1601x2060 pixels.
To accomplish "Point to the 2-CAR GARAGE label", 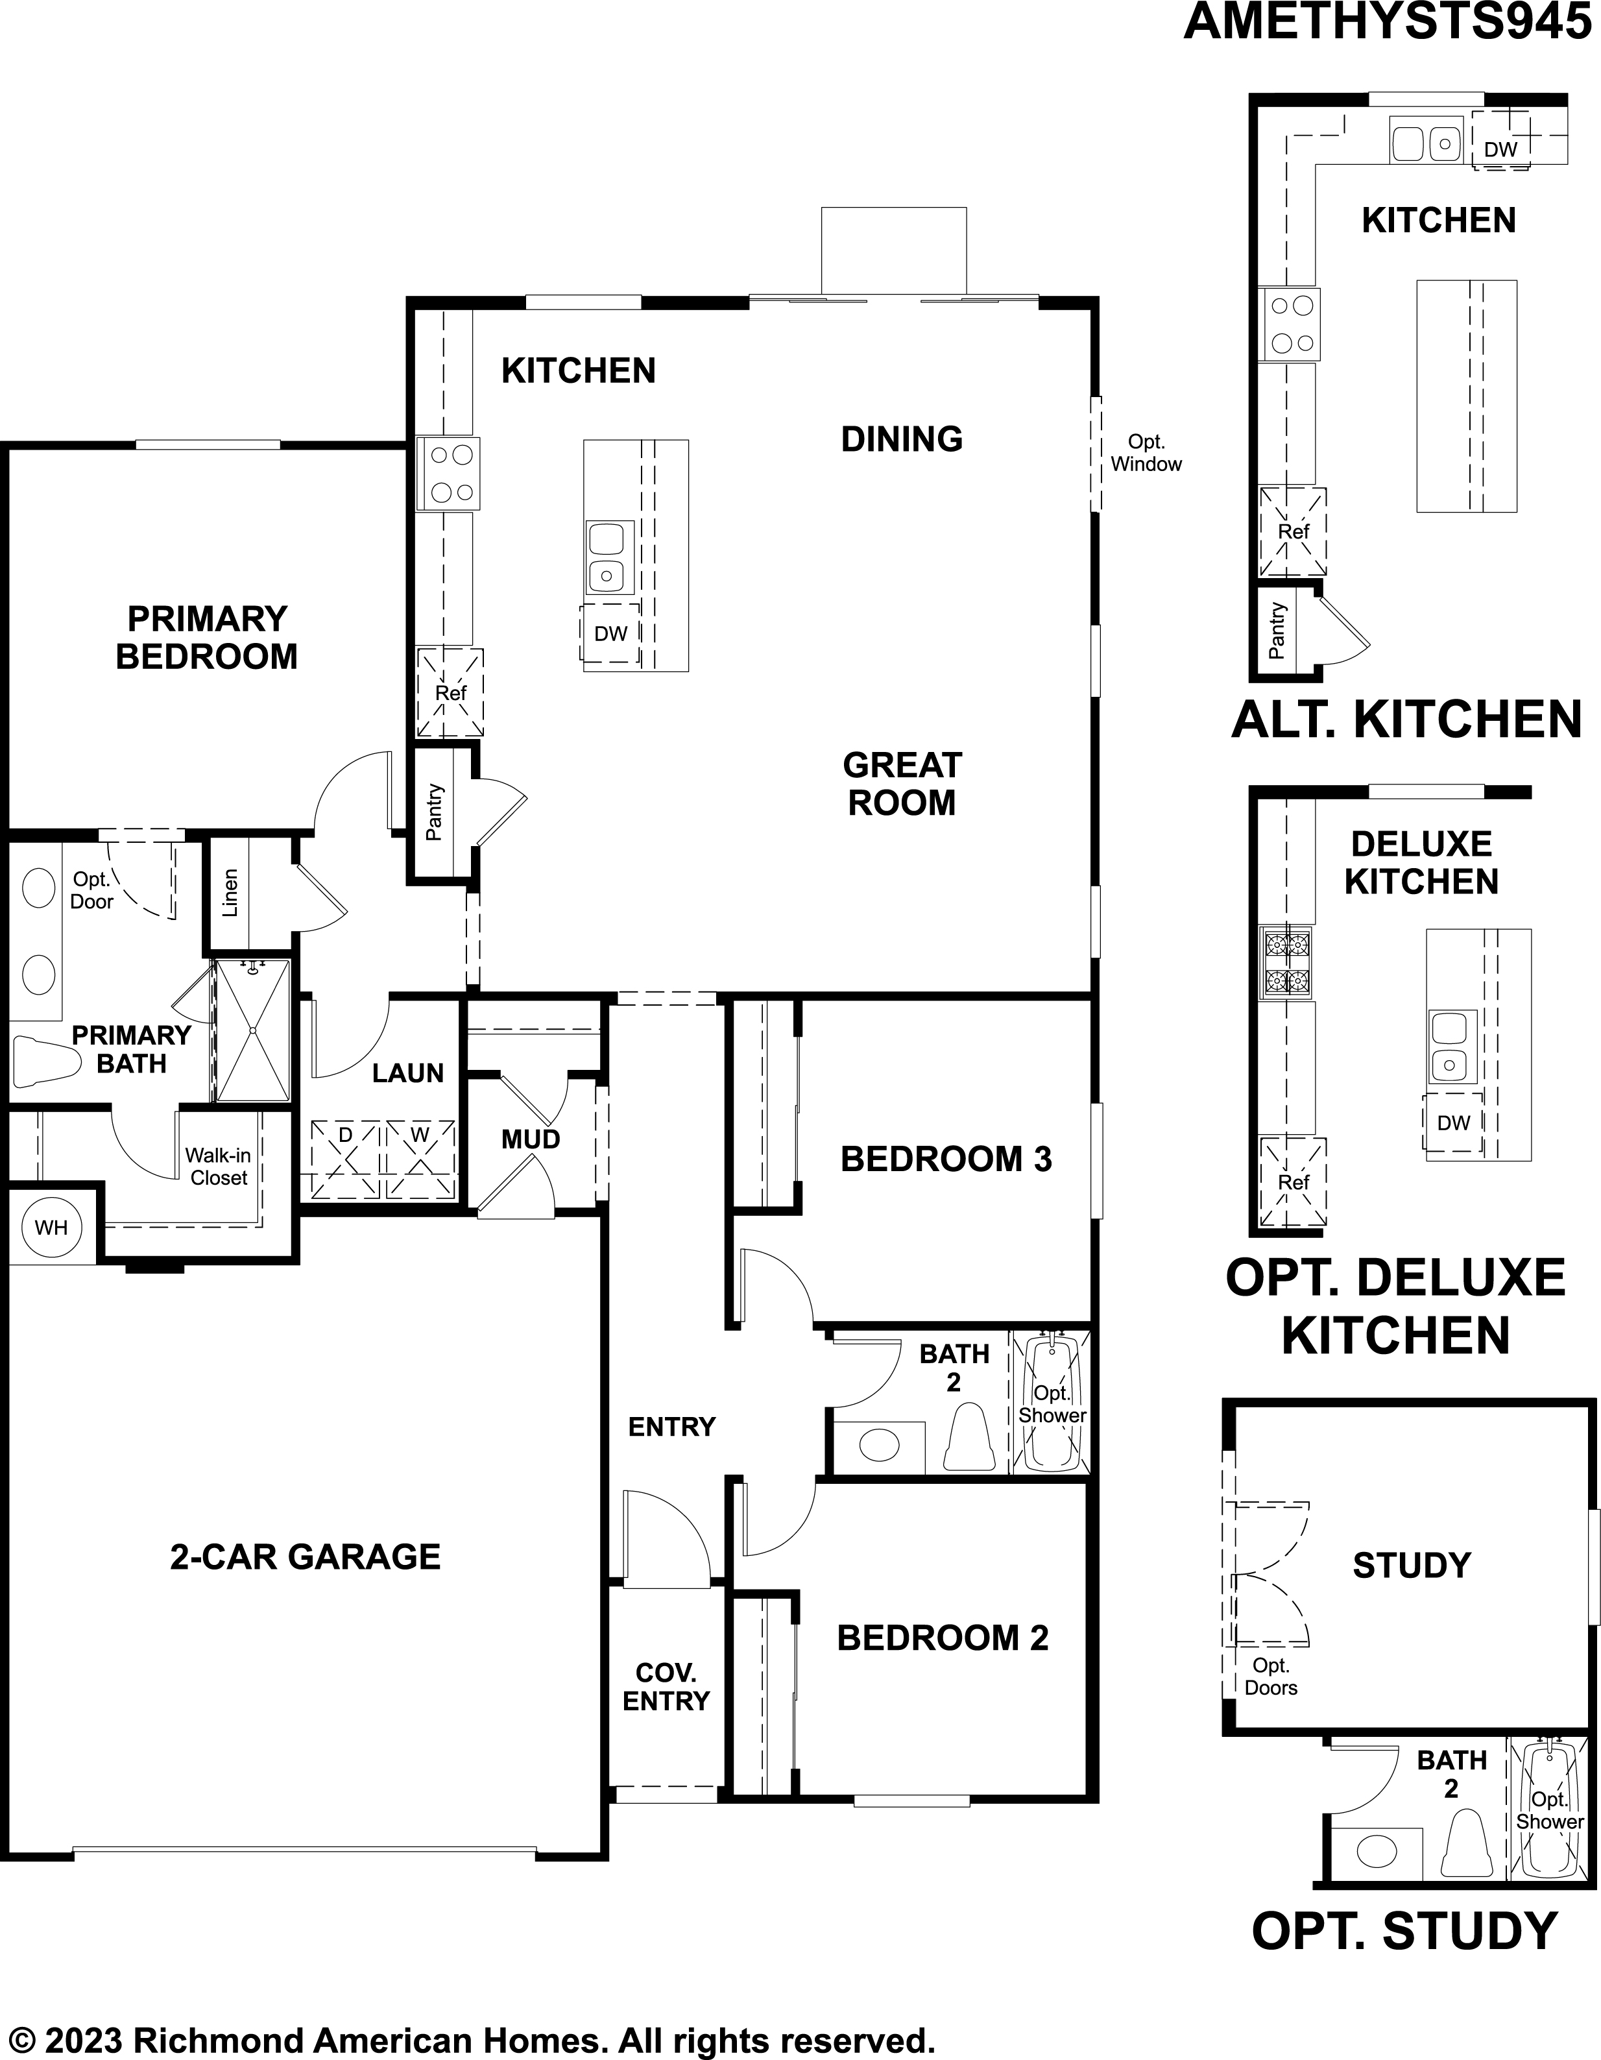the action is click(x=306, y=1557).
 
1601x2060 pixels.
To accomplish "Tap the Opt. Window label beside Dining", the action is click(x=1146, y=453).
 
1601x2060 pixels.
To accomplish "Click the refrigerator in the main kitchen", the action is click(x=450, y=692).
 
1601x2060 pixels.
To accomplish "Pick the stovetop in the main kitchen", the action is click(x=449, y=474).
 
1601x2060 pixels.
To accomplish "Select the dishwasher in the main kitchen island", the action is click(x=609, y=633).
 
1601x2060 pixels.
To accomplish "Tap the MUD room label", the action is click(x=531, y=1139).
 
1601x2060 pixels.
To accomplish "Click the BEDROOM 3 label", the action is click(x=946, y=1159).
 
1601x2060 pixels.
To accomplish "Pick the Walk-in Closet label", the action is click(x=218, y=1166).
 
